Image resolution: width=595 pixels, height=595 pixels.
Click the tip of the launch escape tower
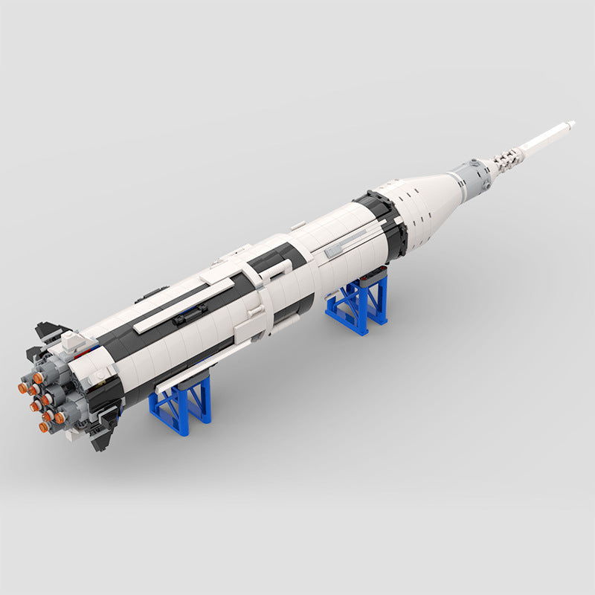[571, 123]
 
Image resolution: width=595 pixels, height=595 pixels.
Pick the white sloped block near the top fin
[71, 341]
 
